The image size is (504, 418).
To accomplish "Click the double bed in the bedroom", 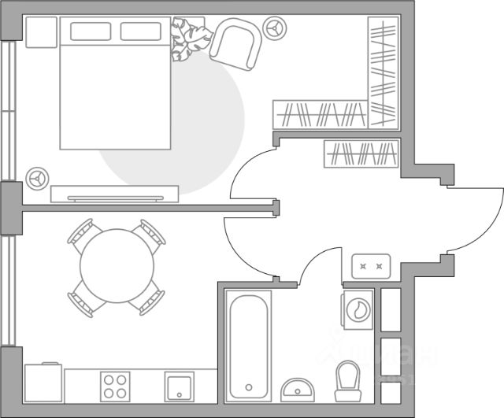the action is tap(115, 94).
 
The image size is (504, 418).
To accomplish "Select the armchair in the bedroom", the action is tap(235, 45).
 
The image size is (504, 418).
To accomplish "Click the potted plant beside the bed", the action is tap(190, 40).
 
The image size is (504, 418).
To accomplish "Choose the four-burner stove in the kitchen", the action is tap(116, 386).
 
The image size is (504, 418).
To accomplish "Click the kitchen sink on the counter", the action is tap(179, 387).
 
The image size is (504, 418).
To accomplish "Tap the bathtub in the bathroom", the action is tap(248, 345).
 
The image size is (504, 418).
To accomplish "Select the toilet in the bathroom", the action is tap(346, 381).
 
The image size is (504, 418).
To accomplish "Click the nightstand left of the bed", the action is tap(41, 31).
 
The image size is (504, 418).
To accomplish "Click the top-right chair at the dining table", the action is tap(150, 233).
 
